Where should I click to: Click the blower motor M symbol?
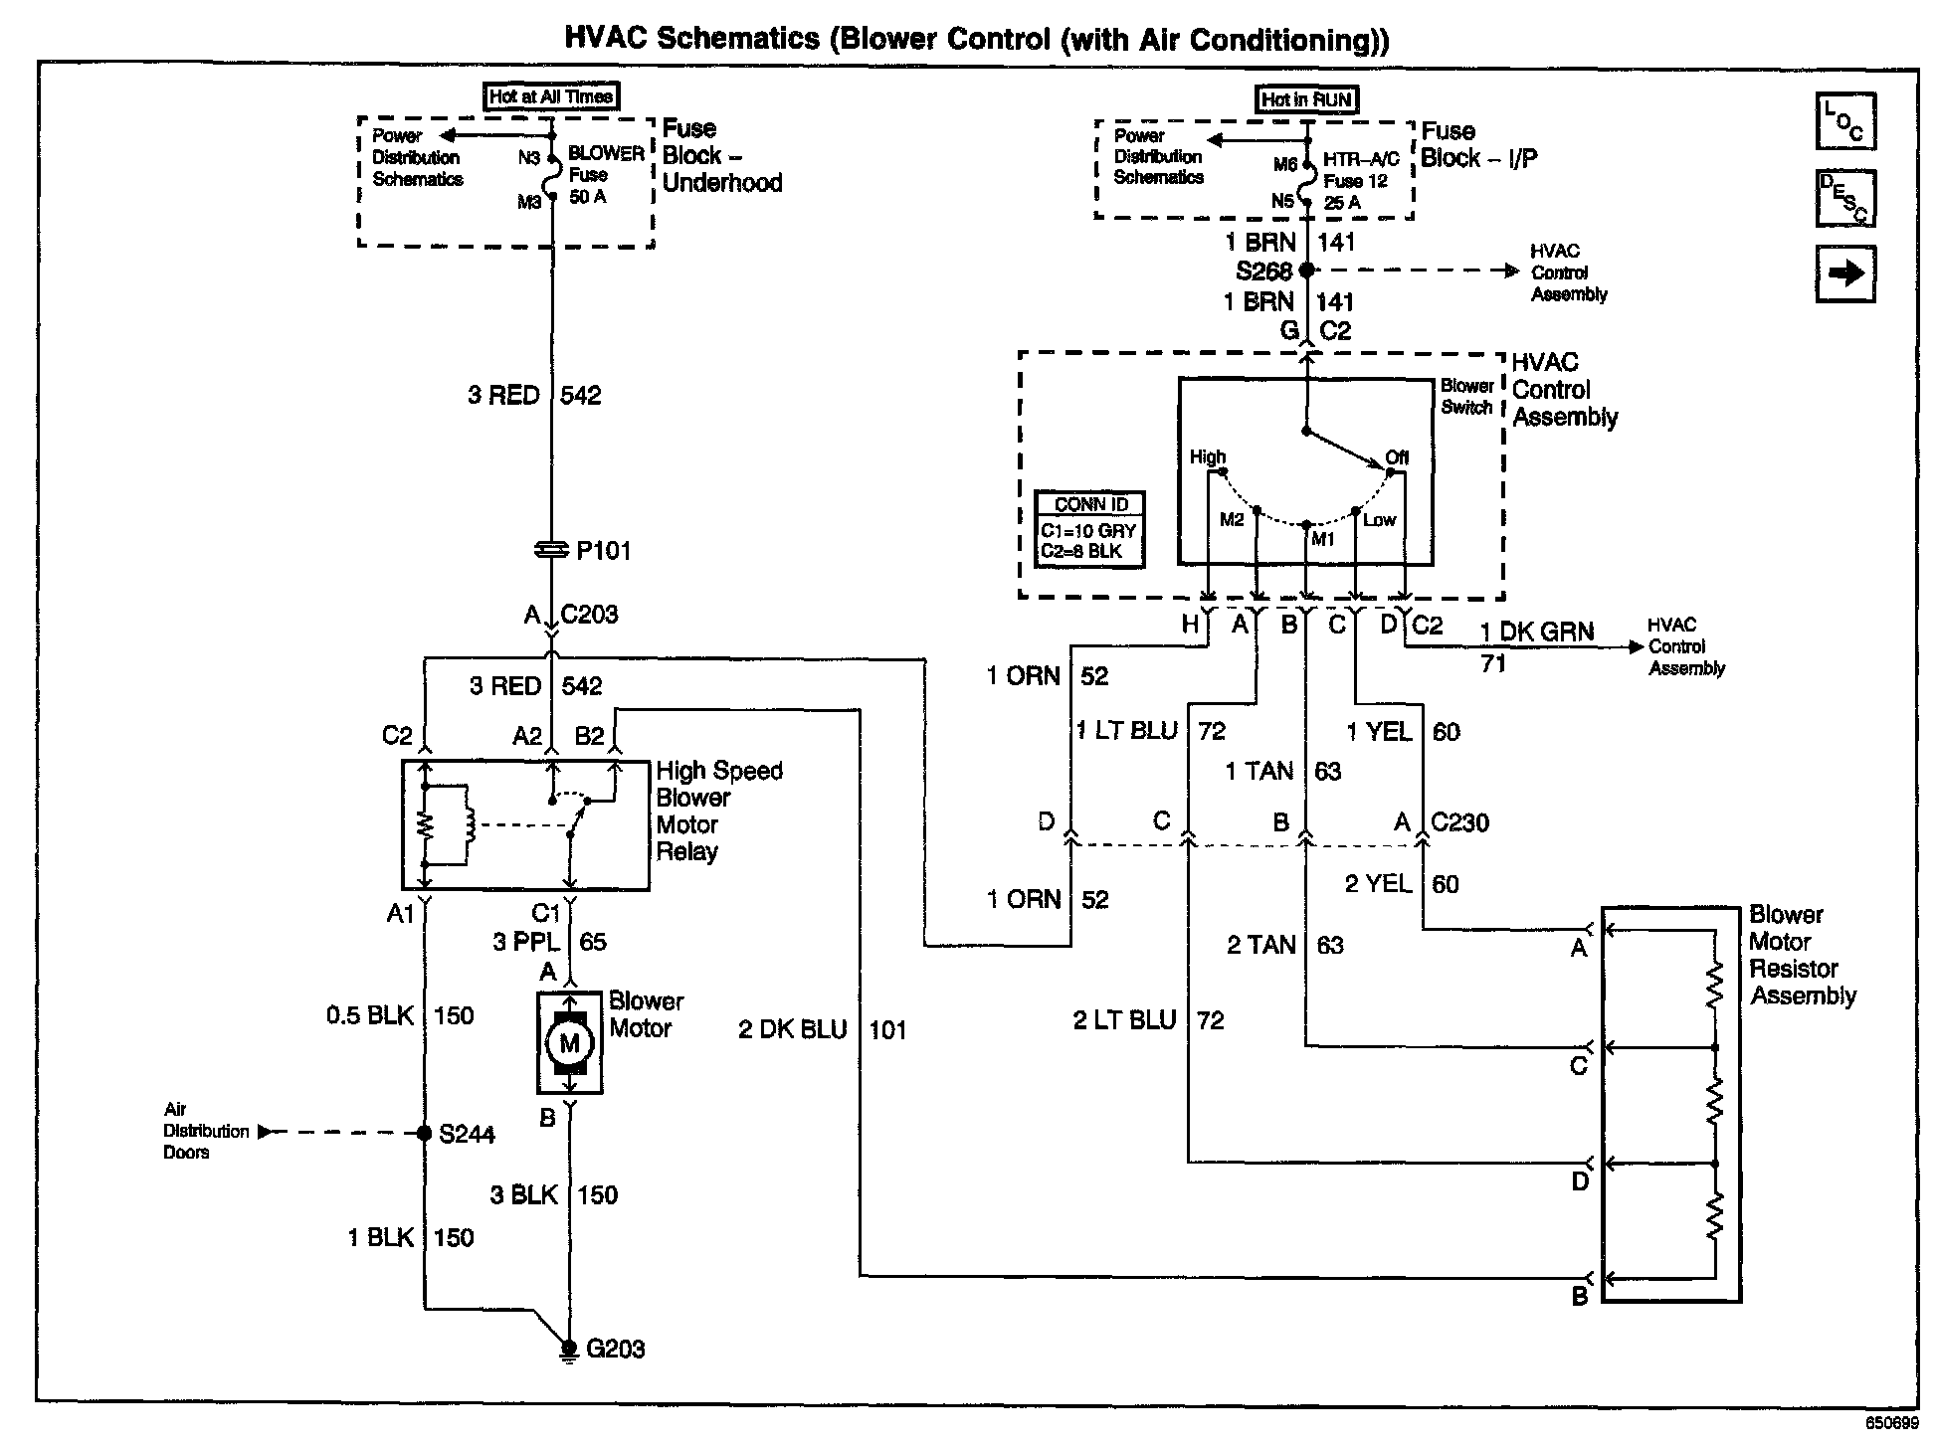[570, 1043]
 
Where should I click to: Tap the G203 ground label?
[616, 1350]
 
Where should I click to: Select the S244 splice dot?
[424, 1133]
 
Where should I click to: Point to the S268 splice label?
[1263, 271]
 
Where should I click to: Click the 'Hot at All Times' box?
[551, 96]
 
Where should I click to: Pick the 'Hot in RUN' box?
[1306, 99]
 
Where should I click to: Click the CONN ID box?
[1089, 530]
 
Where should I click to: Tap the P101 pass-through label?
[604, 551]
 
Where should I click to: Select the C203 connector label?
[589, 615]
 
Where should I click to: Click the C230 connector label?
[1459, 823]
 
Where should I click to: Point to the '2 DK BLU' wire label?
[793, 1030]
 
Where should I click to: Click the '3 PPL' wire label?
[526, 942]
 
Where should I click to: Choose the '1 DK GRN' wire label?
[1536, 632]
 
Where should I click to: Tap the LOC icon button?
[1845, 121]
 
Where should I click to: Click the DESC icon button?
[1845, 198]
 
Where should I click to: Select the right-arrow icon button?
[1845, 273]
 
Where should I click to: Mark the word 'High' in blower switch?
[1208, 457]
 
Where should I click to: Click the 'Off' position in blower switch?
[1397, 458]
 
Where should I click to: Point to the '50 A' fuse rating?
[587, 197]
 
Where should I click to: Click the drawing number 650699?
[1890, 1423]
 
